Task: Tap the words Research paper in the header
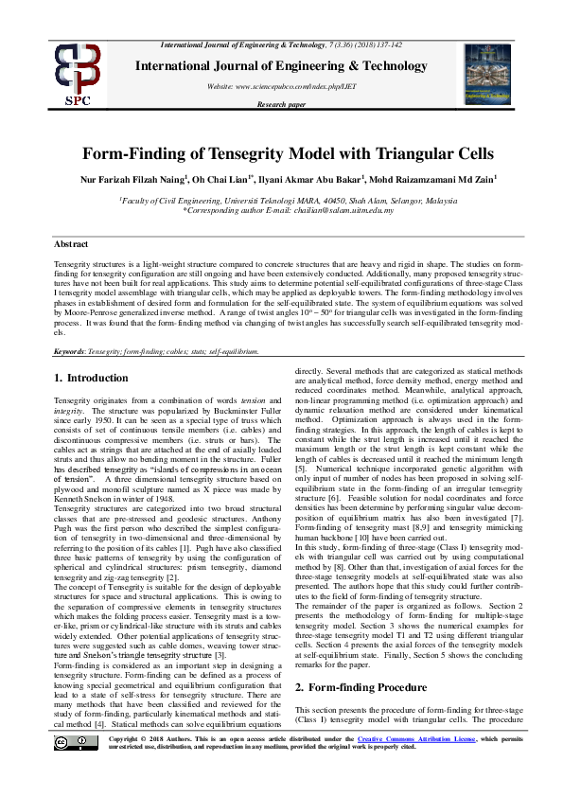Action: pos(281,104)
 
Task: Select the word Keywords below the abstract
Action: pos(70,350)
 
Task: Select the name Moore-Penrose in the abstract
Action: pos(89,310)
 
